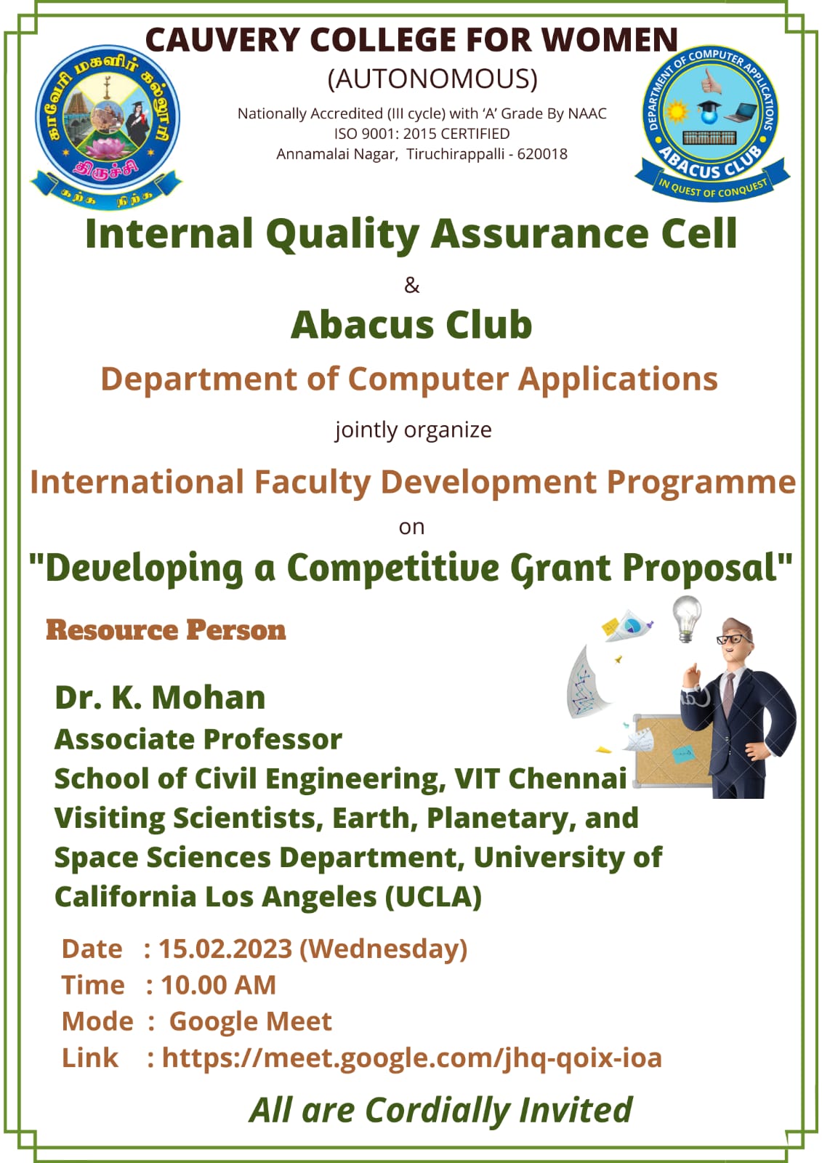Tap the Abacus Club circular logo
coord(712,123)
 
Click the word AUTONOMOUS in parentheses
coord(432,79)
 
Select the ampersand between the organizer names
coord(412,286)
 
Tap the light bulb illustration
coord(687,619)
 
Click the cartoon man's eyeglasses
coord(733,639)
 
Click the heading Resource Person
coord(166,630)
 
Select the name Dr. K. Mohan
coord(160,697)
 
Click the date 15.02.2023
coord(225,949)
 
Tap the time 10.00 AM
coord(218,985)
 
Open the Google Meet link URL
coord(412,1058)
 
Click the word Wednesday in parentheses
coord(384,949)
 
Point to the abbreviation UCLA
coord(434,897)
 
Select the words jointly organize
coord(413,430)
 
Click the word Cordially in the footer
coord(438,1111)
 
